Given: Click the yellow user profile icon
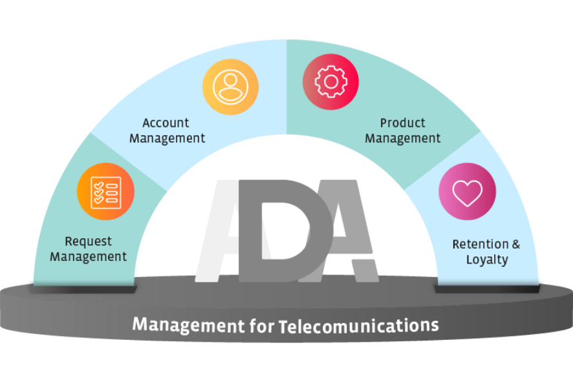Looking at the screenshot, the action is pos(231,87).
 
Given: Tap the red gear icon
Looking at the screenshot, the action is pos(330,82).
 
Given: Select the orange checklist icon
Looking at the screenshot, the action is pos(106,192).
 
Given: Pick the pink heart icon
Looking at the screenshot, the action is pos(468,192).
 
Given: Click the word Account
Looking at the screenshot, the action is pos(166,123).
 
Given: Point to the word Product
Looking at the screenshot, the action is pos(402,123).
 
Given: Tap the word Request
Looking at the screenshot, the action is pos(88,242).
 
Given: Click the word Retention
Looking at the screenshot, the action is pos(481,244).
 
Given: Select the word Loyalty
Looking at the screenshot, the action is pos(487,260).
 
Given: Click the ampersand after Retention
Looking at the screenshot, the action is pos(515,244).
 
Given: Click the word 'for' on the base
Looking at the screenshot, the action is pos(261,326).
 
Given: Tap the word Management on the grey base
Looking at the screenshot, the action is pos(189,325).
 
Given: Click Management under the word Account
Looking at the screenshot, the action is pos(167,139).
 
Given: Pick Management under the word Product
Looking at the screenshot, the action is pos(403,139).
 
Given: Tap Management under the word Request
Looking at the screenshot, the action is pos(88,257).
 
